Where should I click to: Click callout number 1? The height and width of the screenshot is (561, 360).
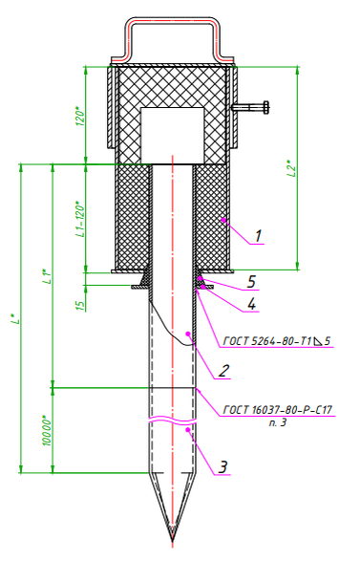(259, 236)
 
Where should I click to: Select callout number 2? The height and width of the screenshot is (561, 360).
(223, 370)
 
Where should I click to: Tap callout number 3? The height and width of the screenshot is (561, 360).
(222, 467)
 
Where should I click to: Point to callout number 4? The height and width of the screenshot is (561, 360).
(252, 304)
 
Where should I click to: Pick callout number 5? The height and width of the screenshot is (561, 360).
(252, 282)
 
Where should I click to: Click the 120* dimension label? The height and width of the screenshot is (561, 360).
(80, 116)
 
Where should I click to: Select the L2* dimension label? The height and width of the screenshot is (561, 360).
(292, 168)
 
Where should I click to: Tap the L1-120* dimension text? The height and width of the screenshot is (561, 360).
(81, 221)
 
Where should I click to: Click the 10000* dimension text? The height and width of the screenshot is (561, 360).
(48, 430)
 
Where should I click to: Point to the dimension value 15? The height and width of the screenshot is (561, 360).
(81, 305)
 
